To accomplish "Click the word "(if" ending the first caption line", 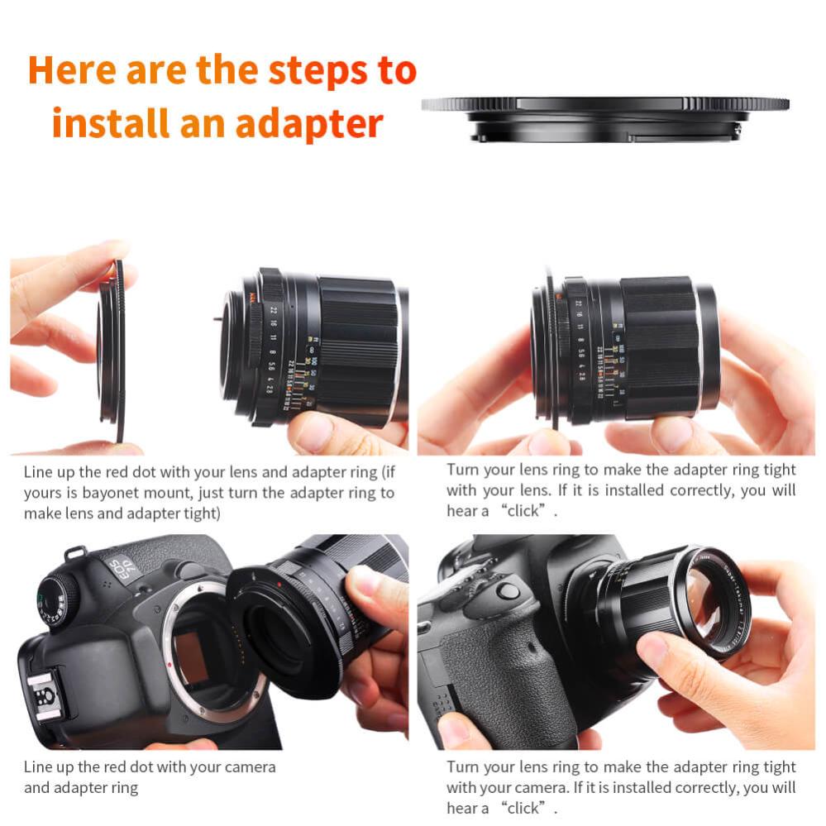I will click(384, 473).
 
